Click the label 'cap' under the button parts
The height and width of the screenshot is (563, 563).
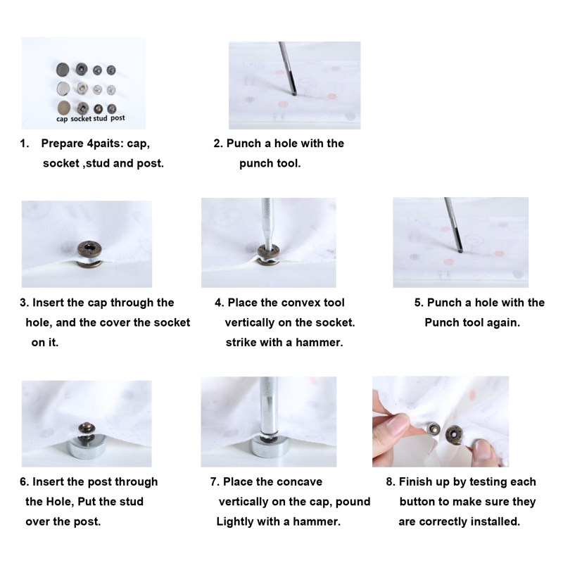pos(62,119)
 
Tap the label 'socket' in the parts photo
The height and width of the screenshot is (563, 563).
pos(81,118)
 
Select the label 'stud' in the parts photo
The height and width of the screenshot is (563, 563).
pos(100,118)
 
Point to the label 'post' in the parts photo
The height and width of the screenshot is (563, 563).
pos(118,118)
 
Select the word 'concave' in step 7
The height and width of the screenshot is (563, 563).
pos(300,482)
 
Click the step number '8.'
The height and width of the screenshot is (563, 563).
pos(391,482)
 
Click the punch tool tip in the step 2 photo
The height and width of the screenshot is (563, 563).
pos(294,94)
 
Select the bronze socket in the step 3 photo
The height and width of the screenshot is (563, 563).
pos(90,248)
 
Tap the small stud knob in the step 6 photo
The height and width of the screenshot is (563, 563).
pos(87,428)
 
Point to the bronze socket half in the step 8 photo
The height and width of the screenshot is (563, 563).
pos(454,435)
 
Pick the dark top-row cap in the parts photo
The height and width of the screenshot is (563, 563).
pos(63,69)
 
